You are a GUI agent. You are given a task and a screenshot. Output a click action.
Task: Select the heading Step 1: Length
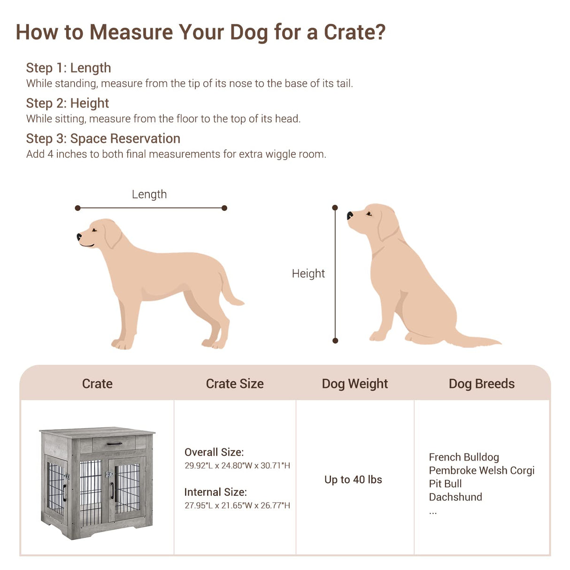[69, 68]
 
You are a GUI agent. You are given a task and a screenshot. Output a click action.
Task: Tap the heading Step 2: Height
[68, 103]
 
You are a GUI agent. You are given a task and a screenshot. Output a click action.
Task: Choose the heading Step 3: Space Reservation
[103, 139]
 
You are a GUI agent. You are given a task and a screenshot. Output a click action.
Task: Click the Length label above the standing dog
[149, 194]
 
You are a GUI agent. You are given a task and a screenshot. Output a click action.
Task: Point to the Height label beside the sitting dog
[308, 274]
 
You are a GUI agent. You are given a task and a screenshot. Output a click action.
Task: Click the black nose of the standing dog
[79, 237]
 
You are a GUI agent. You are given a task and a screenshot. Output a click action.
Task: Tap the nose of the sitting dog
[350, 216]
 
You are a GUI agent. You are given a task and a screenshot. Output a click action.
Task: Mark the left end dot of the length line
[78, 208]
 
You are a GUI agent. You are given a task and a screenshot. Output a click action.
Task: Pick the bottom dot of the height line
[335, 340]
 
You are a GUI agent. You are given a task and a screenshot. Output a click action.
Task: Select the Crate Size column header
[235, 384]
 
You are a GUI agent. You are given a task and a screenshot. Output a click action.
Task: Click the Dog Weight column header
[354, 384]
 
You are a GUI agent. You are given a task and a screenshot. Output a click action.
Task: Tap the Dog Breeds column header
[481, 384]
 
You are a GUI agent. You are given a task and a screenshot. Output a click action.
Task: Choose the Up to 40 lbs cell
[353, 480]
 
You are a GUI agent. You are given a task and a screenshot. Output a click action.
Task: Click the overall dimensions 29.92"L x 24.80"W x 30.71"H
[237, 466]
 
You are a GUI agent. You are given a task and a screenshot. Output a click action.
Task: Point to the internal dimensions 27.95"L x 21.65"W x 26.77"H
[237, 506]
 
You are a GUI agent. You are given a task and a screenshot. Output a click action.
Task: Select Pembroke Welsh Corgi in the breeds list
[481, 470]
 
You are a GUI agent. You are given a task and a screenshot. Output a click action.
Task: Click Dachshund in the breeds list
[455, 497]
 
